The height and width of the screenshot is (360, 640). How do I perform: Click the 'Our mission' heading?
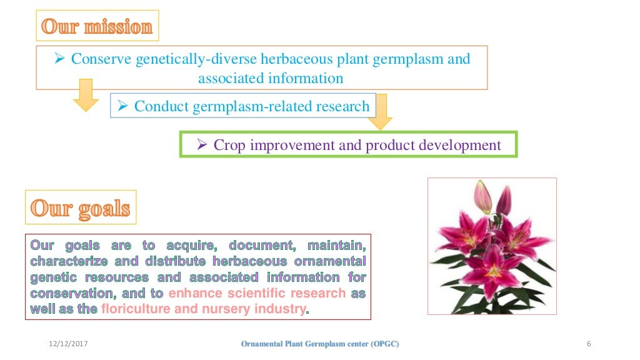pos(96,27)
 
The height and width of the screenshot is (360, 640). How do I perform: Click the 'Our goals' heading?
pos(80,208)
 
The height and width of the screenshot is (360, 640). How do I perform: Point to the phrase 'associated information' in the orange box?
pos(271,78)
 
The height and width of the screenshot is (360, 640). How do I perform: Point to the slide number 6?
pos(589,344)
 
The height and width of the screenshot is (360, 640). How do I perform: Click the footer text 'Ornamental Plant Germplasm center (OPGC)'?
pos(319,344)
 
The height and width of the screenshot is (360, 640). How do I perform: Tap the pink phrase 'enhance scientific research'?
pos(257,293)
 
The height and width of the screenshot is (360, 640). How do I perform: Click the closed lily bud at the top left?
pos(482,196)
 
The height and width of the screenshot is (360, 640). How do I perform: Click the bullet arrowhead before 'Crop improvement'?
pos(202,145)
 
